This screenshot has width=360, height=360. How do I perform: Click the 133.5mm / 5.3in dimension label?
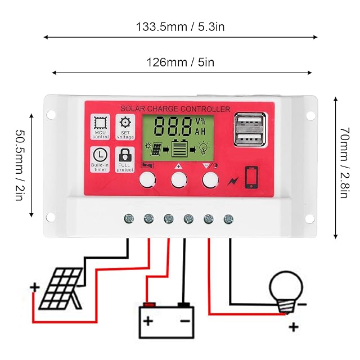(180, 26)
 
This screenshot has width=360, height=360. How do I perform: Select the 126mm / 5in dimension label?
(180, 62)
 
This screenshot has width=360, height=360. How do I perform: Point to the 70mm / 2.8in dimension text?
(344, 168)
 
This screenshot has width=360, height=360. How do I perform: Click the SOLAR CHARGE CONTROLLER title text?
(175, 109)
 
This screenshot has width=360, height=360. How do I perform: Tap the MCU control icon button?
(100, 127)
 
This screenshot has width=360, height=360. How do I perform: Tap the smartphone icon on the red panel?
(252, 177)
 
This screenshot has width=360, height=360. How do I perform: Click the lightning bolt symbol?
(232, 181)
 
